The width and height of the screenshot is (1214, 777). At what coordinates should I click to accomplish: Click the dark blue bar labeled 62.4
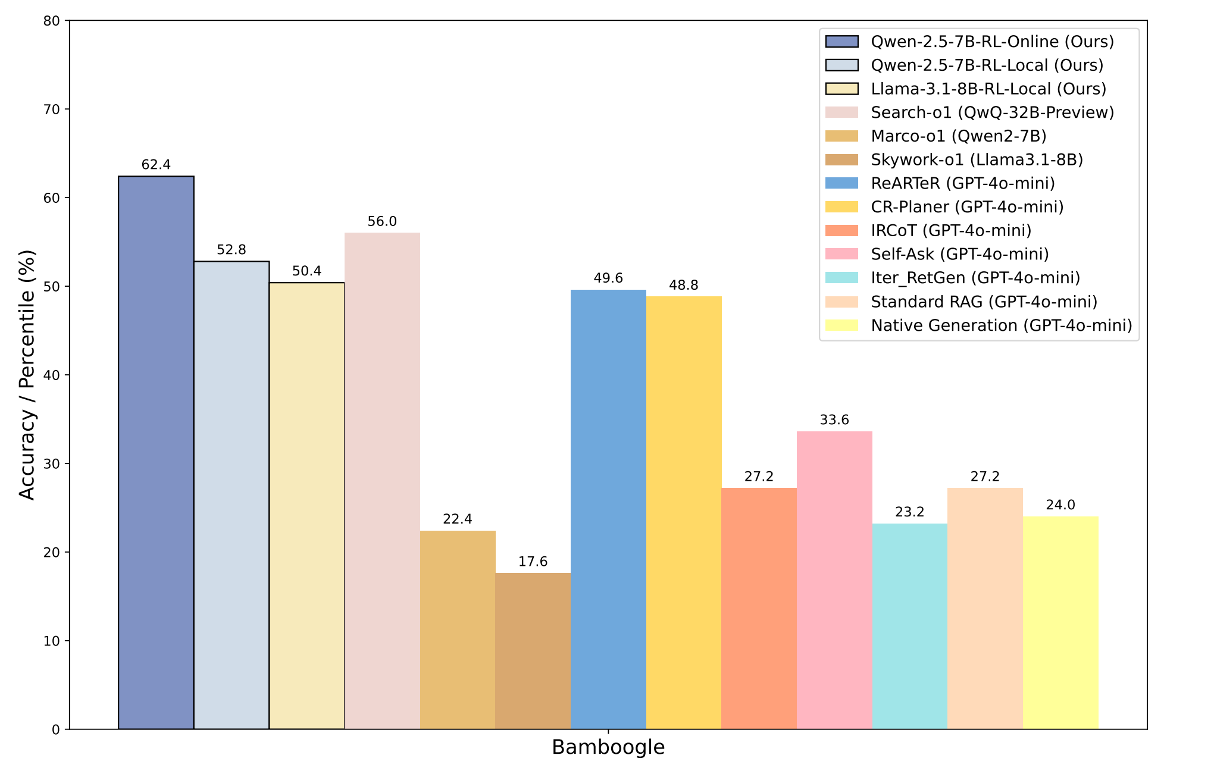[156, 452]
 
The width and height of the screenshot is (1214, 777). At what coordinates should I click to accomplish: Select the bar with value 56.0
[382, 481]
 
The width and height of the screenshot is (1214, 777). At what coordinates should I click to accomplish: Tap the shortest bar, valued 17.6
[533, 651]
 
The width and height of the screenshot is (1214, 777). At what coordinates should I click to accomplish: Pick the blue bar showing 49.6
[608, 509]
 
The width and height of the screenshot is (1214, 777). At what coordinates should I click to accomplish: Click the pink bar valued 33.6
[834, 580]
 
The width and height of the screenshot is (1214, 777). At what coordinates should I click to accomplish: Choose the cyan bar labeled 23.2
[909, 626]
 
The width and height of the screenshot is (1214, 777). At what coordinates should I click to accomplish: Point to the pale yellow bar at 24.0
[1060, 622]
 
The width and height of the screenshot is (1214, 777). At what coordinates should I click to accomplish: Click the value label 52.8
[231, 250]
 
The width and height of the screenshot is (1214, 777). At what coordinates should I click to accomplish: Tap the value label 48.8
[683, 285]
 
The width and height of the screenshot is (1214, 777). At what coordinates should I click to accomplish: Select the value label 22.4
[458, 519]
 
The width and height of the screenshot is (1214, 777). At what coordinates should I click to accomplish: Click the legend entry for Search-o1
[992, 112]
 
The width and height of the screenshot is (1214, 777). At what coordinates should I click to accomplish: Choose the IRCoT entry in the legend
[951, 230]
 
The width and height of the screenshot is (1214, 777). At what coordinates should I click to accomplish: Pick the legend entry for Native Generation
[1001, 325]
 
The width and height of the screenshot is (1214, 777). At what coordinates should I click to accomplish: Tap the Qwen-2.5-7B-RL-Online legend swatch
[842, 42]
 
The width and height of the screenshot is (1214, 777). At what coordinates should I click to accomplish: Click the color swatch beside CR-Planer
[842, 207]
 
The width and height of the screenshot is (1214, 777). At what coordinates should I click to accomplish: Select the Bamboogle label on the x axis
[608, 747]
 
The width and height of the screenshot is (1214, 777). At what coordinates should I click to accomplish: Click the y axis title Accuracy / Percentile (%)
[27, 375]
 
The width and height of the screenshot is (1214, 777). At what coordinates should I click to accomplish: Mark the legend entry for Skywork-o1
[977, 159]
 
